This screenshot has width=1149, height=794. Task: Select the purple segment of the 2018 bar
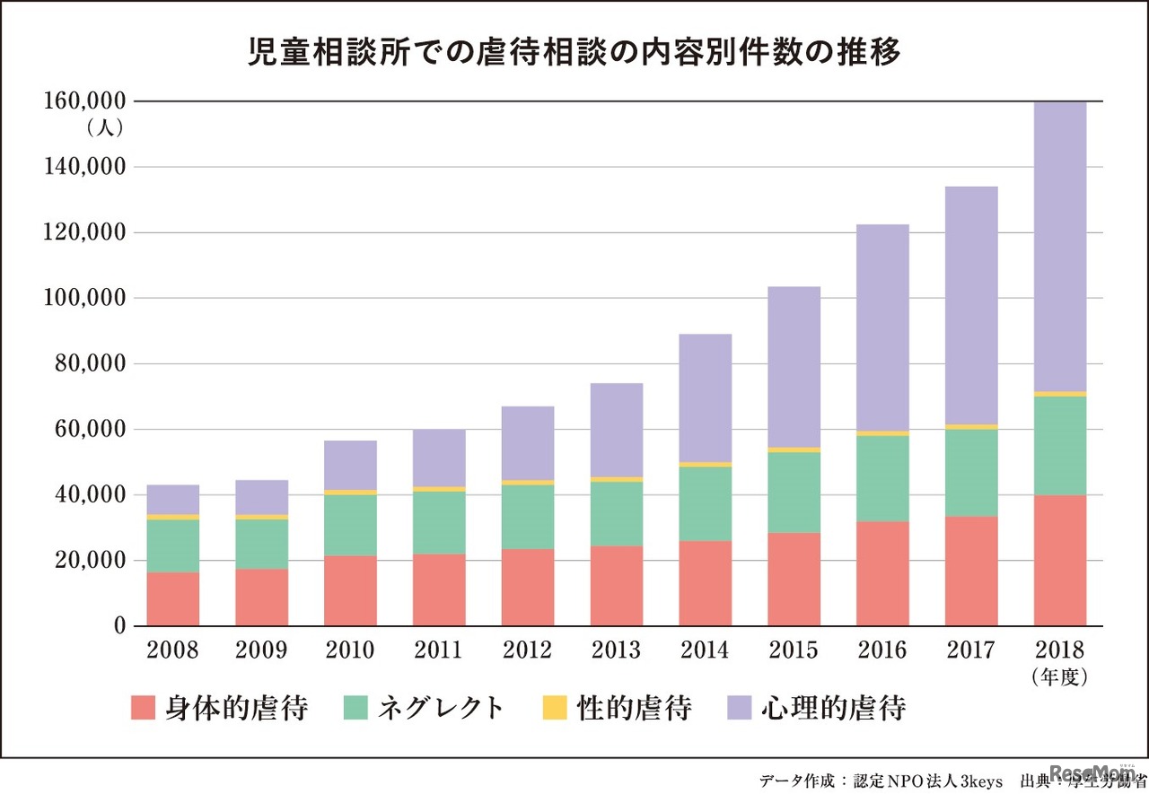coord(1060,247)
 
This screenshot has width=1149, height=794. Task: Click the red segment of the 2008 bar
coord(173,598)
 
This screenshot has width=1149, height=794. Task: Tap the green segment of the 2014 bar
coord(706,503)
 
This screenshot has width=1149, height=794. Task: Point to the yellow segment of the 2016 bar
coord(882,433)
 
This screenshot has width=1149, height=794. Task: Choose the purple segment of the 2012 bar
coord(528,443)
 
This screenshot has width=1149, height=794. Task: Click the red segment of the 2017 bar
coord(971,571)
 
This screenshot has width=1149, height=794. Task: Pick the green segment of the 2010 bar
coord(351,525)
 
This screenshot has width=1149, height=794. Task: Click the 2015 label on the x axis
coord(794,650)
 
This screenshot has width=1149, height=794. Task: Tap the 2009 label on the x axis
coord(262,650)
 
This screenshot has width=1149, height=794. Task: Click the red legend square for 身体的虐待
coord(143,708)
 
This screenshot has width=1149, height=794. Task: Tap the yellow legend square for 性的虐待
coord(554,708)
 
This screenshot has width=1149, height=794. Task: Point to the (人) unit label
coord(105,128)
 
